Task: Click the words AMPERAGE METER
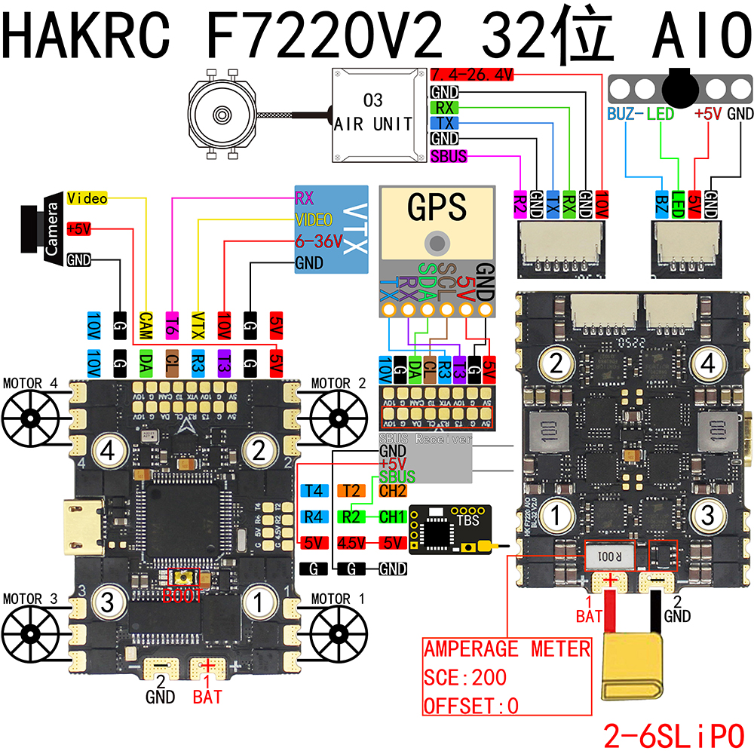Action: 507,649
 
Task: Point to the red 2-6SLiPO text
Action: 673,734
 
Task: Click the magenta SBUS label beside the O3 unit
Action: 449,157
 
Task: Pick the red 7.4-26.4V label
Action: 472,75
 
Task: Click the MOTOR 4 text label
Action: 30,383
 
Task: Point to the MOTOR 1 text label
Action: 336,599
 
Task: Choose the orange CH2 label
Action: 393,492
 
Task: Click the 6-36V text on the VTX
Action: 319,242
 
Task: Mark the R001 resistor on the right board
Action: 607,559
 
